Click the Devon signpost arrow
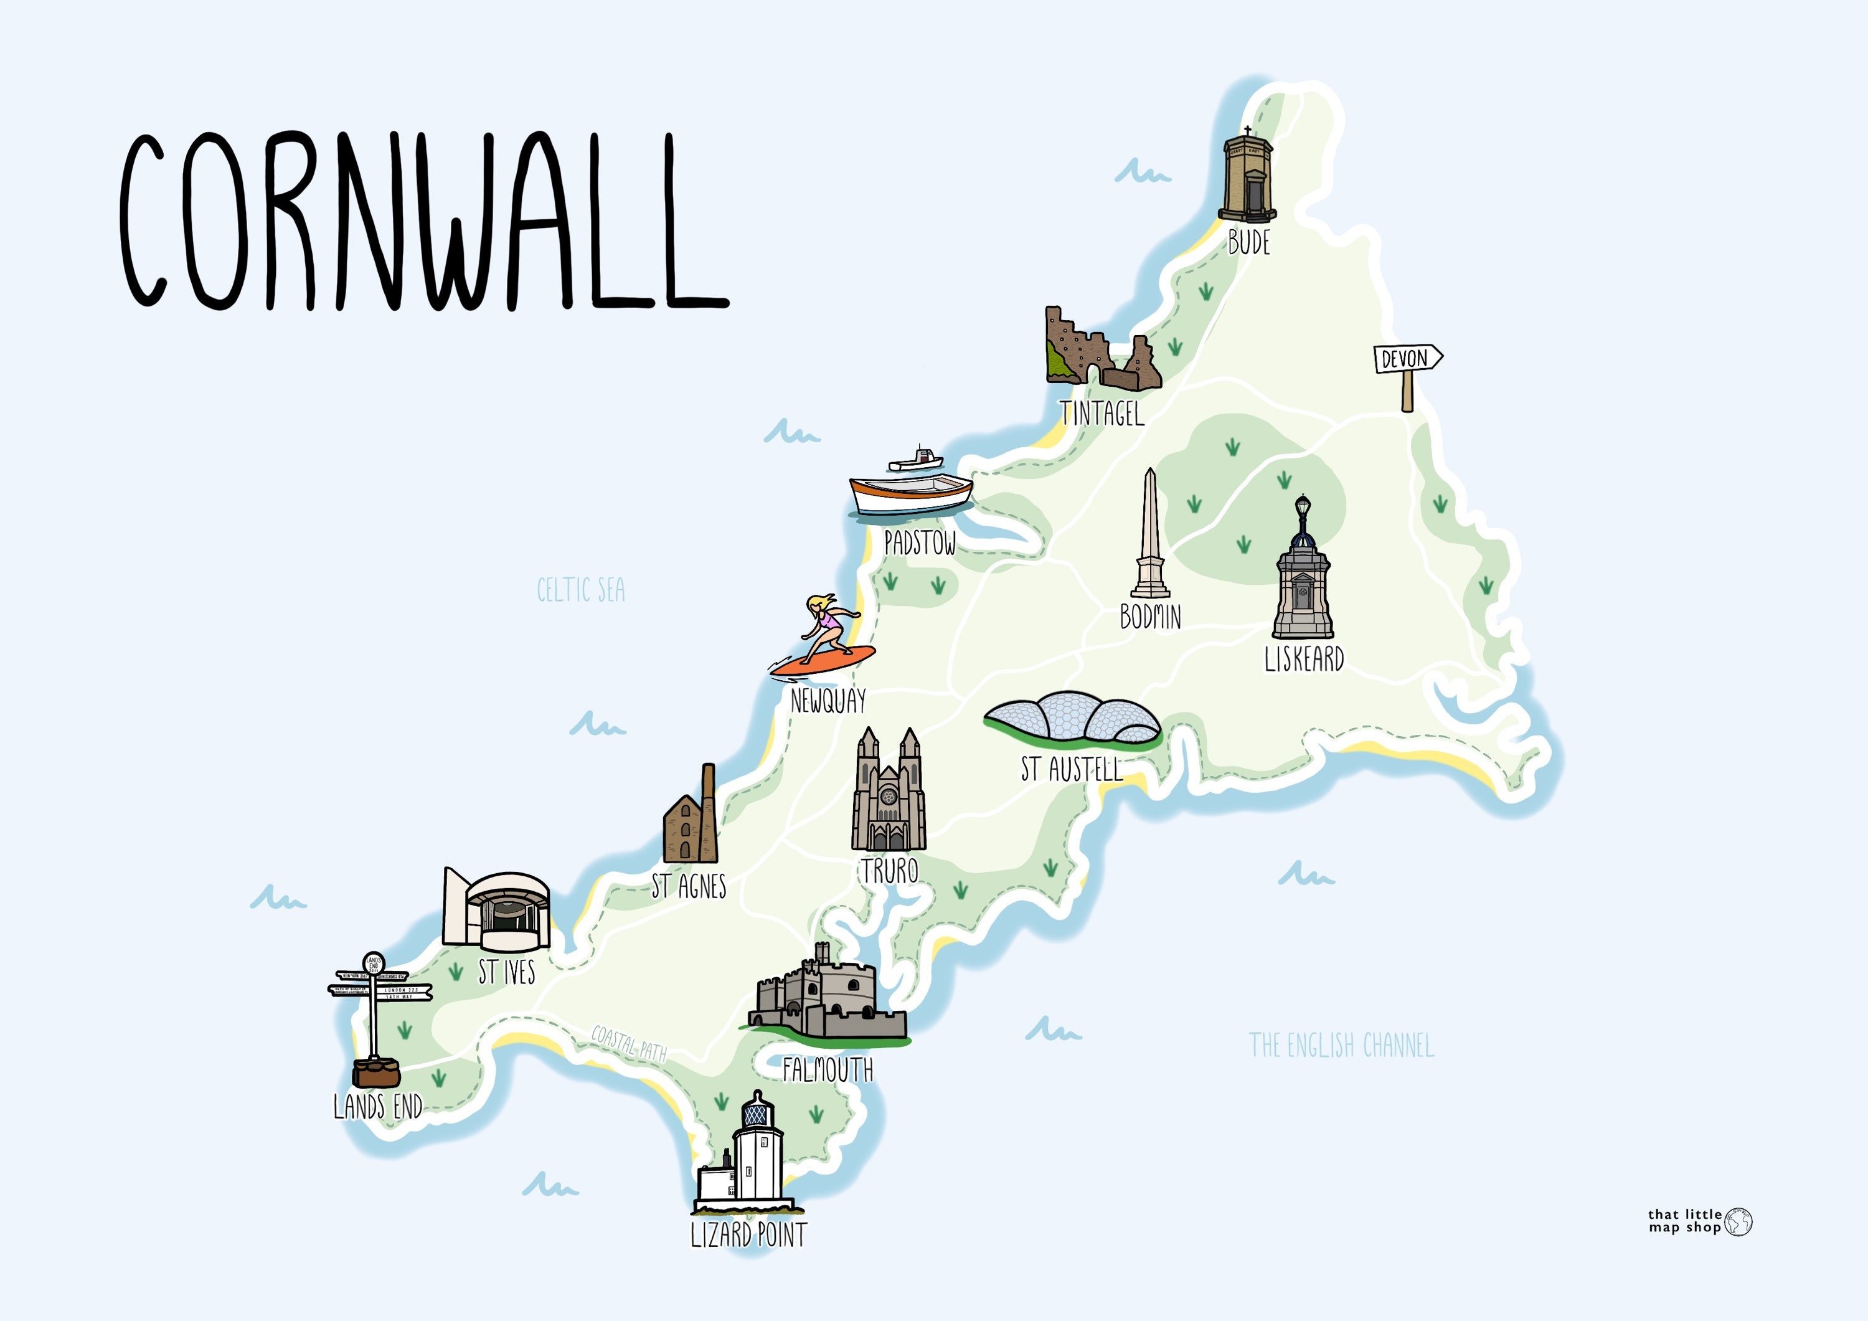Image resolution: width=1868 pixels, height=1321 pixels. (x=1407, y=358)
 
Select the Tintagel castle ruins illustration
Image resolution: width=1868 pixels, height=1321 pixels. (x=1101, y=350)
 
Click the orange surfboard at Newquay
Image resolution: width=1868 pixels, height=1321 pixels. (x=823, y=660)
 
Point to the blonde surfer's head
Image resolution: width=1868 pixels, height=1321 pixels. (x=818, y=604)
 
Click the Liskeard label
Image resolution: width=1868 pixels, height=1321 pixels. (x=1303, y=658)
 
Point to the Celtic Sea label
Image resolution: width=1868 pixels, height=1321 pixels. (x=581, y=590)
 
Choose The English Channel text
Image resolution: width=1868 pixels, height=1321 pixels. (x=1341, y=1045)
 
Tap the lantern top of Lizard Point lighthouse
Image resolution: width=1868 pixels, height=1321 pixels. (x=757, y=1111)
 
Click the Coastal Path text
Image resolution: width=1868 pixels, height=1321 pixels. (x=629, y=1043)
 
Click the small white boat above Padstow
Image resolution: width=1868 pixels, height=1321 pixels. (x=916, y=461)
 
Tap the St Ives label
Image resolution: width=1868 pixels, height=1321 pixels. (x=506, y=972)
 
